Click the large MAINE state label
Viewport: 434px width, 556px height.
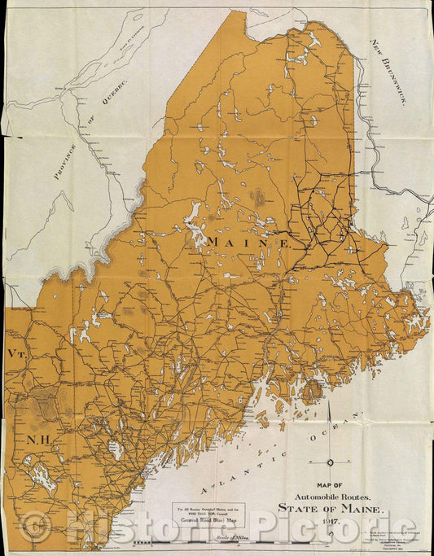coord(249,242)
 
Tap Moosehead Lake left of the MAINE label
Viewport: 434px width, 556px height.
coord(195,221)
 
